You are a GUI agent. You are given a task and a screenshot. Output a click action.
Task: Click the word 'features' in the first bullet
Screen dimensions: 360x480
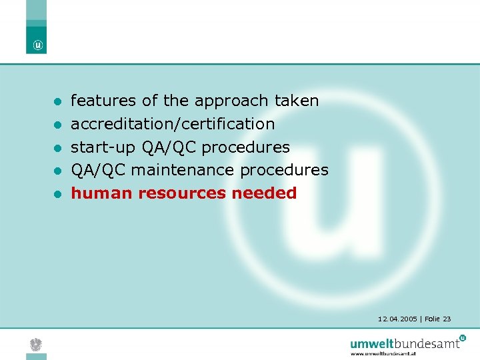pyautogui.click(x=103, y=101)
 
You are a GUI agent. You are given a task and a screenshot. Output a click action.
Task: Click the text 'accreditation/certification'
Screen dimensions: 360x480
pyautogui.click(x=173, y=124)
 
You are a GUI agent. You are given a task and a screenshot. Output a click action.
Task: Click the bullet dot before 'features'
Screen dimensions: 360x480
pyautogui.click(x=58, y=102)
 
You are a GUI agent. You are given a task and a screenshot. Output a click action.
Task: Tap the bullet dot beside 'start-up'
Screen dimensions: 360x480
pyautogui.click(x=58, y=148)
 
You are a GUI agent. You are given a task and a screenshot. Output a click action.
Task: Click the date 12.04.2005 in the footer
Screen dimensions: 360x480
pyautogui.click(x=397, y=319)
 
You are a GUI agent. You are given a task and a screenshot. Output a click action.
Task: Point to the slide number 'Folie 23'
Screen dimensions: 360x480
pyautogui.click(x=437, y=319)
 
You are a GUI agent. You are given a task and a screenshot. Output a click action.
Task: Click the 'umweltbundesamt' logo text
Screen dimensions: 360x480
pyautogui.click(x=405, y=344)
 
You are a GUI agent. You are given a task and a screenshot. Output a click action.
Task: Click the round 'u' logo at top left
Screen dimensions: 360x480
pyautogui.click(x=37, y=45)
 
